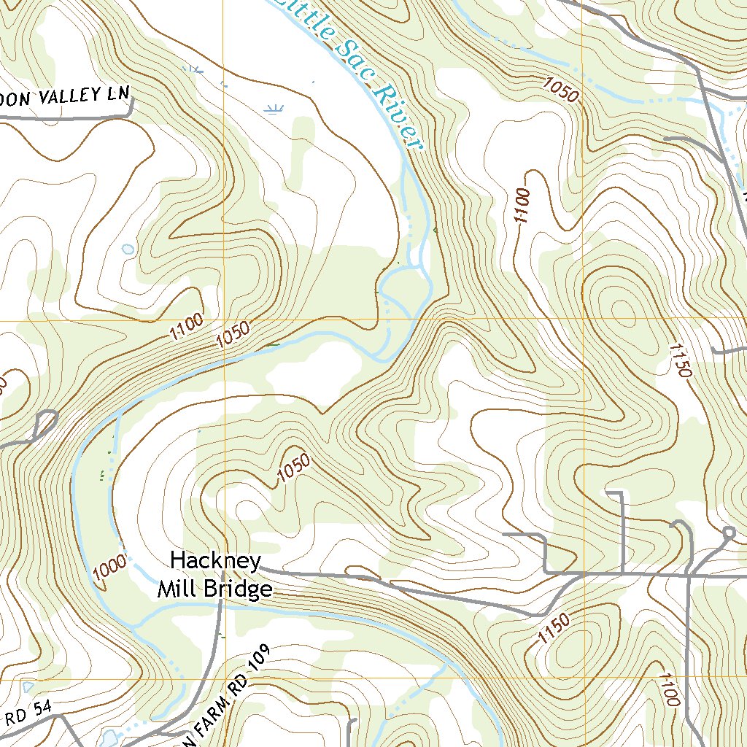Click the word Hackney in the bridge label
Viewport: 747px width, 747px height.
click(215, 561)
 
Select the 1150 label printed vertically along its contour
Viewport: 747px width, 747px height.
click(678, 360)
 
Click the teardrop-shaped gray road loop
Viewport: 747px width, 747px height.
click(45, 421)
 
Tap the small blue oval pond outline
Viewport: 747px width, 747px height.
click(128, 249)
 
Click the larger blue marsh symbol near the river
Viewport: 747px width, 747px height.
click(274, 110)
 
